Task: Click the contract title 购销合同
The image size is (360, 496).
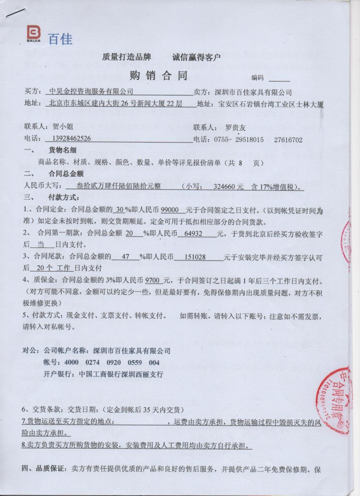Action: click(x=158, y=76)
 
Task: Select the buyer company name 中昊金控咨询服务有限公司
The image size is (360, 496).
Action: click(x=91, y=92)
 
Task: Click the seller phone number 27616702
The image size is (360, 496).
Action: click(x=288, y=139)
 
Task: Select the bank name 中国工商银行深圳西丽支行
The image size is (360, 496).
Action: click(x=119, y=374)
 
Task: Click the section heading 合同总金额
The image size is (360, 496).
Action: click(x=66, y=174)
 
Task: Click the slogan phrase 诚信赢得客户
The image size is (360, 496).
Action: click(x=197, y=57)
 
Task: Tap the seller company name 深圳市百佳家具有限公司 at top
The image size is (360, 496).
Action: click(x=254, y=92)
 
